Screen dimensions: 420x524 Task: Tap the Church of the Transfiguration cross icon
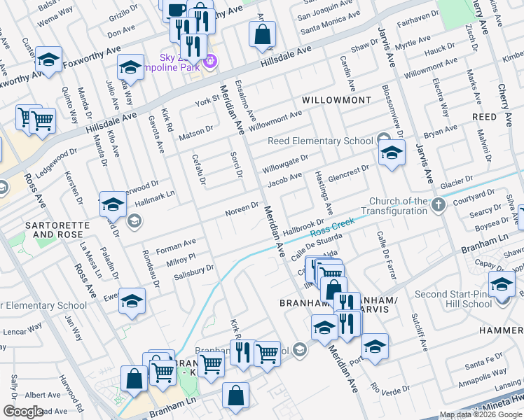pos(439,205)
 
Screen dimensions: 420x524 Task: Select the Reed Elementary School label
pos(320,141)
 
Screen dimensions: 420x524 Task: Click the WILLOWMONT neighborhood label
pos(336,101)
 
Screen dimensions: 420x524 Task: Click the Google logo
pos(22,411)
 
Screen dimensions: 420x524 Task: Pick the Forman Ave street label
pos(176,246)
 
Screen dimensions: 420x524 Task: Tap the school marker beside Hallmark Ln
pos(112,205)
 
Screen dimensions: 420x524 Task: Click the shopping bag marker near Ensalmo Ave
pos(262,34)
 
